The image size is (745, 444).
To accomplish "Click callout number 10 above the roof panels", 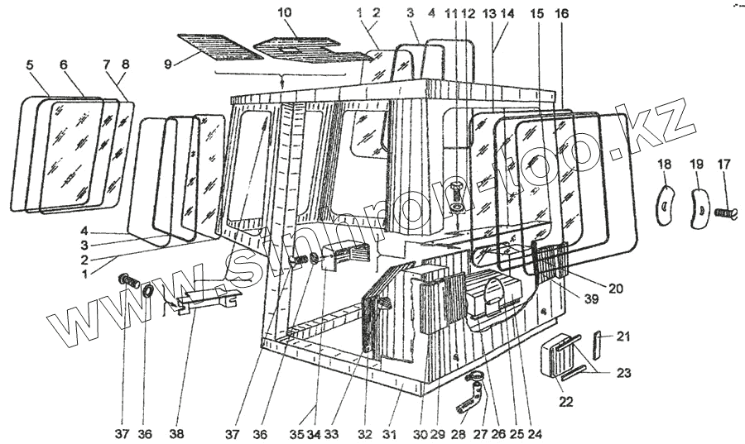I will (x=284, y=13).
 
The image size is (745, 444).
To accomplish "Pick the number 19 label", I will (x=696, y=164).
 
